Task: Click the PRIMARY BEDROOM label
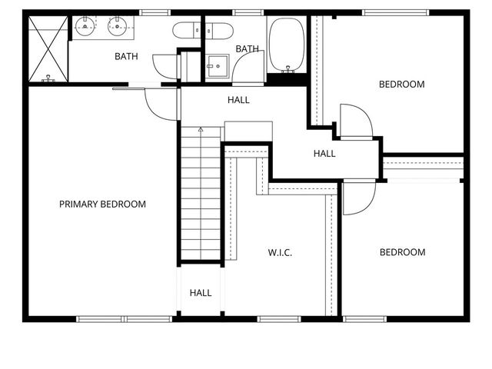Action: (x=102, y=204)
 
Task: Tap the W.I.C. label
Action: (x=280, y=252)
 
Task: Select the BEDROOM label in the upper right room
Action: (x=401, y=85)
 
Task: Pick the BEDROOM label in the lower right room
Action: (x=401, y=252)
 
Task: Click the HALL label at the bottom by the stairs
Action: (x=201, y=293)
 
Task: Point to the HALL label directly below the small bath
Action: (x=238, y=100)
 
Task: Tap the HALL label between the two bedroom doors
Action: (x=324, y=154)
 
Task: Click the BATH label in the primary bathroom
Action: (x=126, y=56)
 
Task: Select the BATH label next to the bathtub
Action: (x=247, y=49)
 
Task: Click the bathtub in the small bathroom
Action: (x=287, y=44)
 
